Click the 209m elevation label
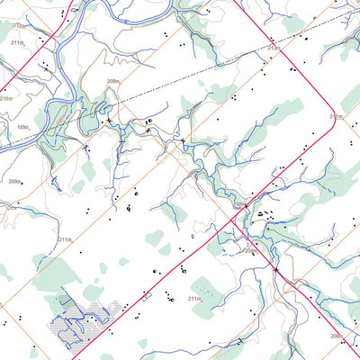(x=13, y=182)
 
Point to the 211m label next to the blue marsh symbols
(x=194, y=298)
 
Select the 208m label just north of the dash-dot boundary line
(x=112, y=81)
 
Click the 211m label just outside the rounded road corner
(x=335, y=115)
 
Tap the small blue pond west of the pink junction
(x=193, y=237)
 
